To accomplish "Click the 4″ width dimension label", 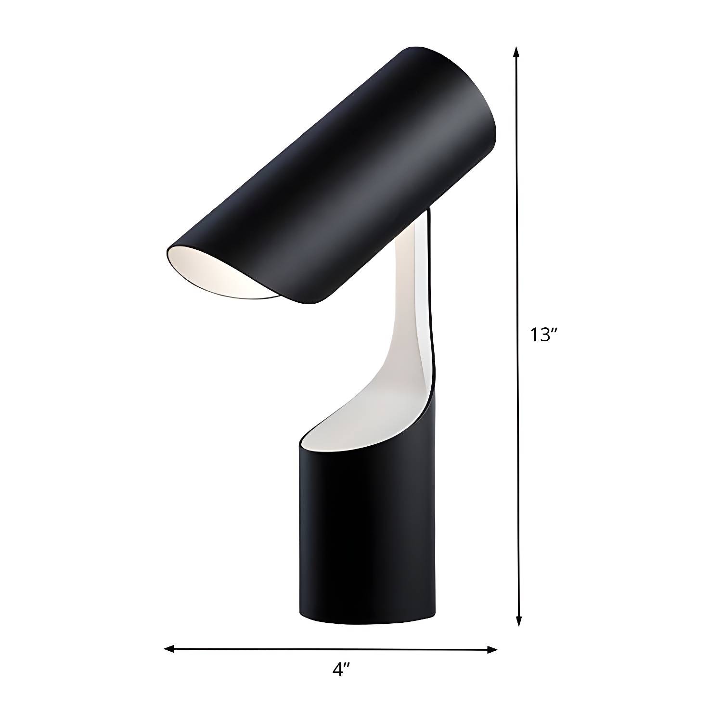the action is tap(340, 670).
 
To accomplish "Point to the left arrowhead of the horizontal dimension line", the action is tap(170, 649).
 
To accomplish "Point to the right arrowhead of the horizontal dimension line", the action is tap(491, 650).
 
